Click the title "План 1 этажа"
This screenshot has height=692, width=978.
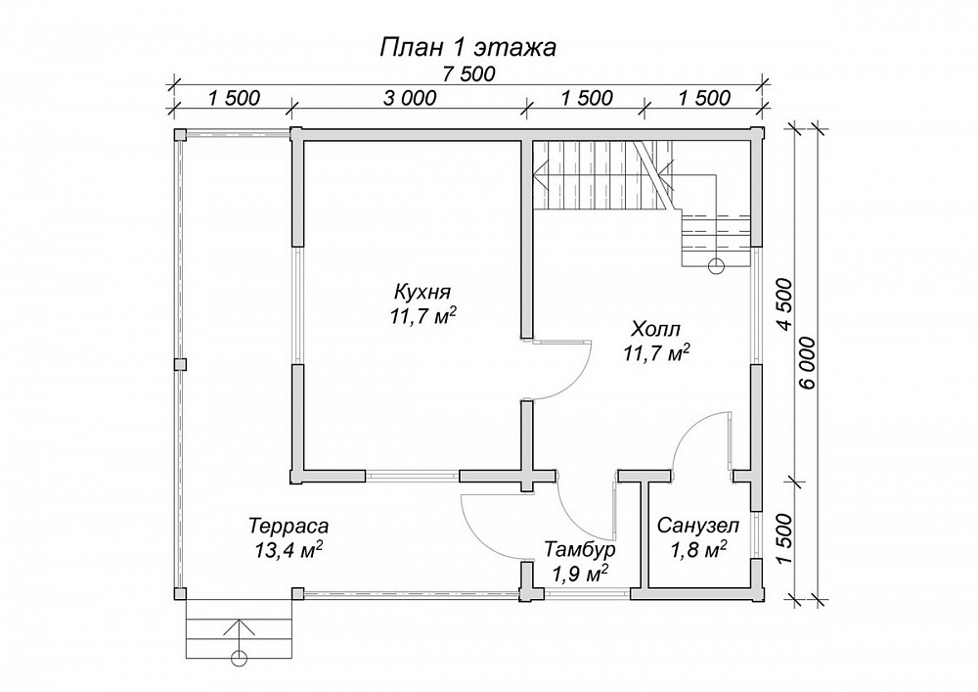pyautogui.click(x=467, y=48)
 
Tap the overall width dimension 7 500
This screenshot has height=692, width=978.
pyautogui.click(x=468, y=74)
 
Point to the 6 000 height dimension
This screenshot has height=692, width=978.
pyautogui.click(x=807, y=363)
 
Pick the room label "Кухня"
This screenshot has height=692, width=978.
pyautogui.click(x=422, y=292)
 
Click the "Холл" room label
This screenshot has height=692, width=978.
pyautogui.click(x=655, y=329)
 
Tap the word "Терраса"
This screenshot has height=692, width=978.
pyautogui.click(x=289, y=526)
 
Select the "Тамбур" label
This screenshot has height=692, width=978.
pyautogui.click(x=580, y=550)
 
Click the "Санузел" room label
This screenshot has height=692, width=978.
pyautogui.click(x=698, y=526)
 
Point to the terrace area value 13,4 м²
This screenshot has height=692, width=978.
pyautogui.click(x=289, y=549)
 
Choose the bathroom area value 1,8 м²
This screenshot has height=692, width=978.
pyautogui.click(x=698, y=550)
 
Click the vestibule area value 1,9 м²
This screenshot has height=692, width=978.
pyautogui.click(x=580, y=574)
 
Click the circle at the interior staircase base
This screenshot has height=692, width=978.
pyautogui.click(x=716, y=265)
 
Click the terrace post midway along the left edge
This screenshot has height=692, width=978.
pyautogui.click(x=180, y=364)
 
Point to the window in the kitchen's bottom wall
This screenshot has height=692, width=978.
pyautogui.click(x=413, y=476)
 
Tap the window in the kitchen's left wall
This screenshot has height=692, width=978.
pyautogui.click(x=297, y=305)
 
